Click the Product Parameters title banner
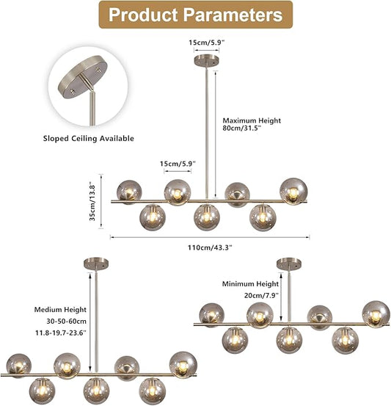click(196, 15)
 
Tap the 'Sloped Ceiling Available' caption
click(89, 139)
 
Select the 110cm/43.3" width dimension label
click(210, 247)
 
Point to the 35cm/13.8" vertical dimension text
click(92, 203)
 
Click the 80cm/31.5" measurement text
click(242, 128)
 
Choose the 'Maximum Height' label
click(252, 120)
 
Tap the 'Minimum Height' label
click(250, 284)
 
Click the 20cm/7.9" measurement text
click(261, 295)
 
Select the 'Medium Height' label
click(60, 310)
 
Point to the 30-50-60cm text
click(67, 322)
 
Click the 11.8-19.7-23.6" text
click(61, 333)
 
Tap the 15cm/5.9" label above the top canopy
click(206, 43)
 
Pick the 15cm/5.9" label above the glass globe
click(178, 164)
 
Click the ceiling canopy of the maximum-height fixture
click(206, 60)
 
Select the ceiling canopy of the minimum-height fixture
click(289, 264)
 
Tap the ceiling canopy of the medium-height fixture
click(96, 264)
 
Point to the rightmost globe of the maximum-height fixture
click(293, 191)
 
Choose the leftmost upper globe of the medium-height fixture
click(18, 365)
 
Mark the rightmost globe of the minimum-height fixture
click(376, 314)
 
